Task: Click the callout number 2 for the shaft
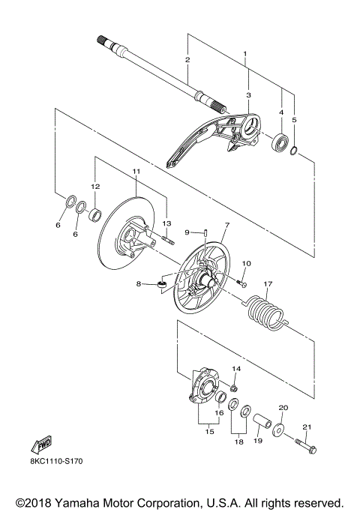(x=187, y=59)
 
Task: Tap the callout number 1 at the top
(x=244, y=54)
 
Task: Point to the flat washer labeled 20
(x=280, y=430)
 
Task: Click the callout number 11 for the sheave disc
(x=136, y=172)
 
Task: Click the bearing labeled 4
(x=281, y=141)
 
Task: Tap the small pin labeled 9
(x=204, y=232)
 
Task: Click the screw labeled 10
(x=241, y=283)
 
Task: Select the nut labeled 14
(x=234, y=389)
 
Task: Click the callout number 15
(x=209, y=432)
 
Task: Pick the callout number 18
(x=239, y=442)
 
